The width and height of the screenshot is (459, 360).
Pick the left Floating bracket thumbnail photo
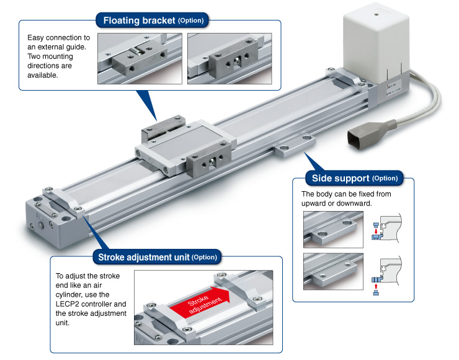(140, 58)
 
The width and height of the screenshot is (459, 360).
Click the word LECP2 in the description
(68, 304)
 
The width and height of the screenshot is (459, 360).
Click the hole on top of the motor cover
(376, 11)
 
